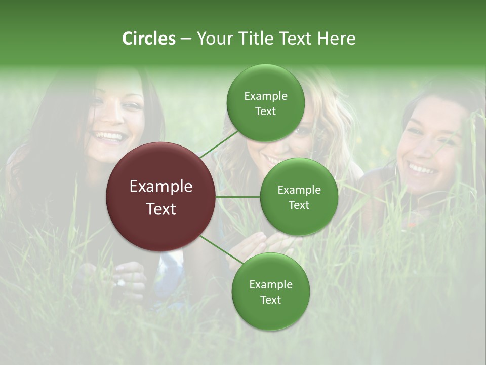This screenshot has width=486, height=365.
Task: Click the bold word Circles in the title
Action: click(x=149, y=39)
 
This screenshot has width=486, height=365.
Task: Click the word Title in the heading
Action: click(x=255, y=39)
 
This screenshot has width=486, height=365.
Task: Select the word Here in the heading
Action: click(x=337, y=39)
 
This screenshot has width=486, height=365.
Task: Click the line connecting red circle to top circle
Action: click(x=219, y=143)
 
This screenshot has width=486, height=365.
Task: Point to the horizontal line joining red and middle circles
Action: click(x=238, y=197)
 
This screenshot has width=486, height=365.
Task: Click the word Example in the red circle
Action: click(x=161, y=187)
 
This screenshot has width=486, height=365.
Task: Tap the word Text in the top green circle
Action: click(x=265, y=112)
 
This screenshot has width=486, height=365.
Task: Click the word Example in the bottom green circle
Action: click(x=270, y=284)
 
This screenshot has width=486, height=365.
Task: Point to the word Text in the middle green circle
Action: click(x=299, y=205)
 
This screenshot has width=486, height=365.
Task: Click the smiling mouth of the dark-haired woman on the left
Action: click(x=109, y=137)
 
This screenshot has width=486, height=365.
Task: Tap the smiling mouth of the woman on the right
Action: click(x=423, y=168)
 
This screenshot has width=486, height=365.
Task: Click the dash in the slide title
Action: click(x=186, y=39)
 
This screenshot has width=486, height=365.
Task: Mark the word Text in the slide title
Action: click(x=296, y=39)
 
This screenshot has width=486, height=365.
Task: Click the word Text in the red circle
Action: click(x=161, y=209)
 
